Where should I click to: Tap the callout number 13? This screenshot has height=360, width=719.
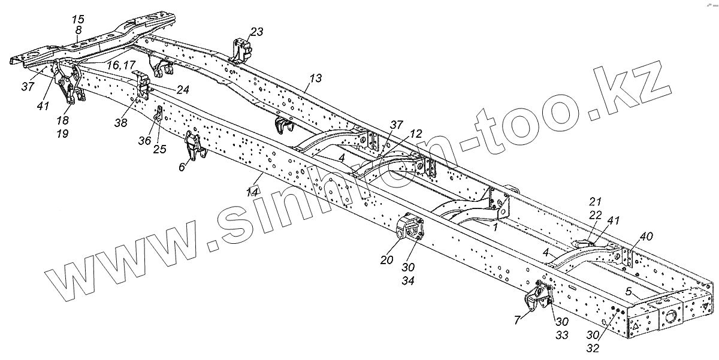315,78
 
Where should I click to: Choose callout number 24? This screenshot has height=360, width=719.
182,89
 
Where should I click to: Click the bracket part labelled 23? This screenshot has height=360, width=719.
241,49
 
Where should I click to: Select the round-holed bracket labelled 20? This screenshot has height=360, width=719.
409,228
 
